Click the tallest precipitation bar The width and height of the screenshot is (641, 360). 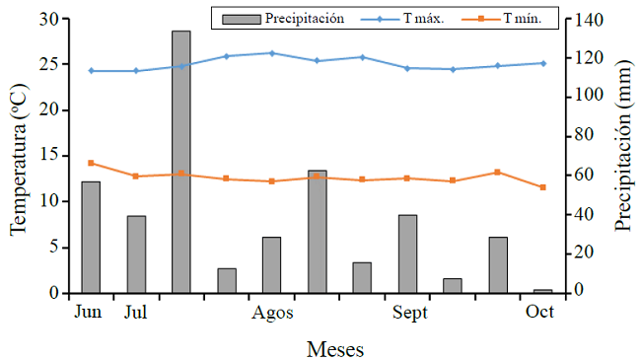tap(181, 162)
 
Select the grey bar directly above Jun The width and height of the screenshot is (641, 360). tap(91, 237)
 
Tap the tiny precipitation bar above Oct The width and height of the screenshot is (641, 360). tap(542, 291)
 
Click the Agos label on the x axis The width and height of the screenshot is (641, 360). tap(272, 313)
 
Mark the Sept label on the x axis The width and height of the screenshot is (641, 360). tap(409, 313)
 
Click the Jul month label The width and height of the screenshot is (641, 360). tap(136, 313)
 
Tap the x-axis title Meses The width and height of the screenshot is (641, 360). tap(334, 348)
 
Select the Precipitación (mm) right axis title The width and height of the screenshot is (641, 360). tap(622, 156)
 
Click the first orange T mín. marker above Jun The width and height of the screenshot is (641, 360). tap(91, 163)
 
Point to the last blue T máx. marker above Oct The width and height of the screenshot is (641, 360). tap(542, 63)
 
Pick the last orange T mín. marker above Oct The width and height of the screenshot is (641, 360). tap(542, 187)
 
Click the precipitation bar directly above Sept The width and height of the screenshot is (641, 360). tap(407, 253)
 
